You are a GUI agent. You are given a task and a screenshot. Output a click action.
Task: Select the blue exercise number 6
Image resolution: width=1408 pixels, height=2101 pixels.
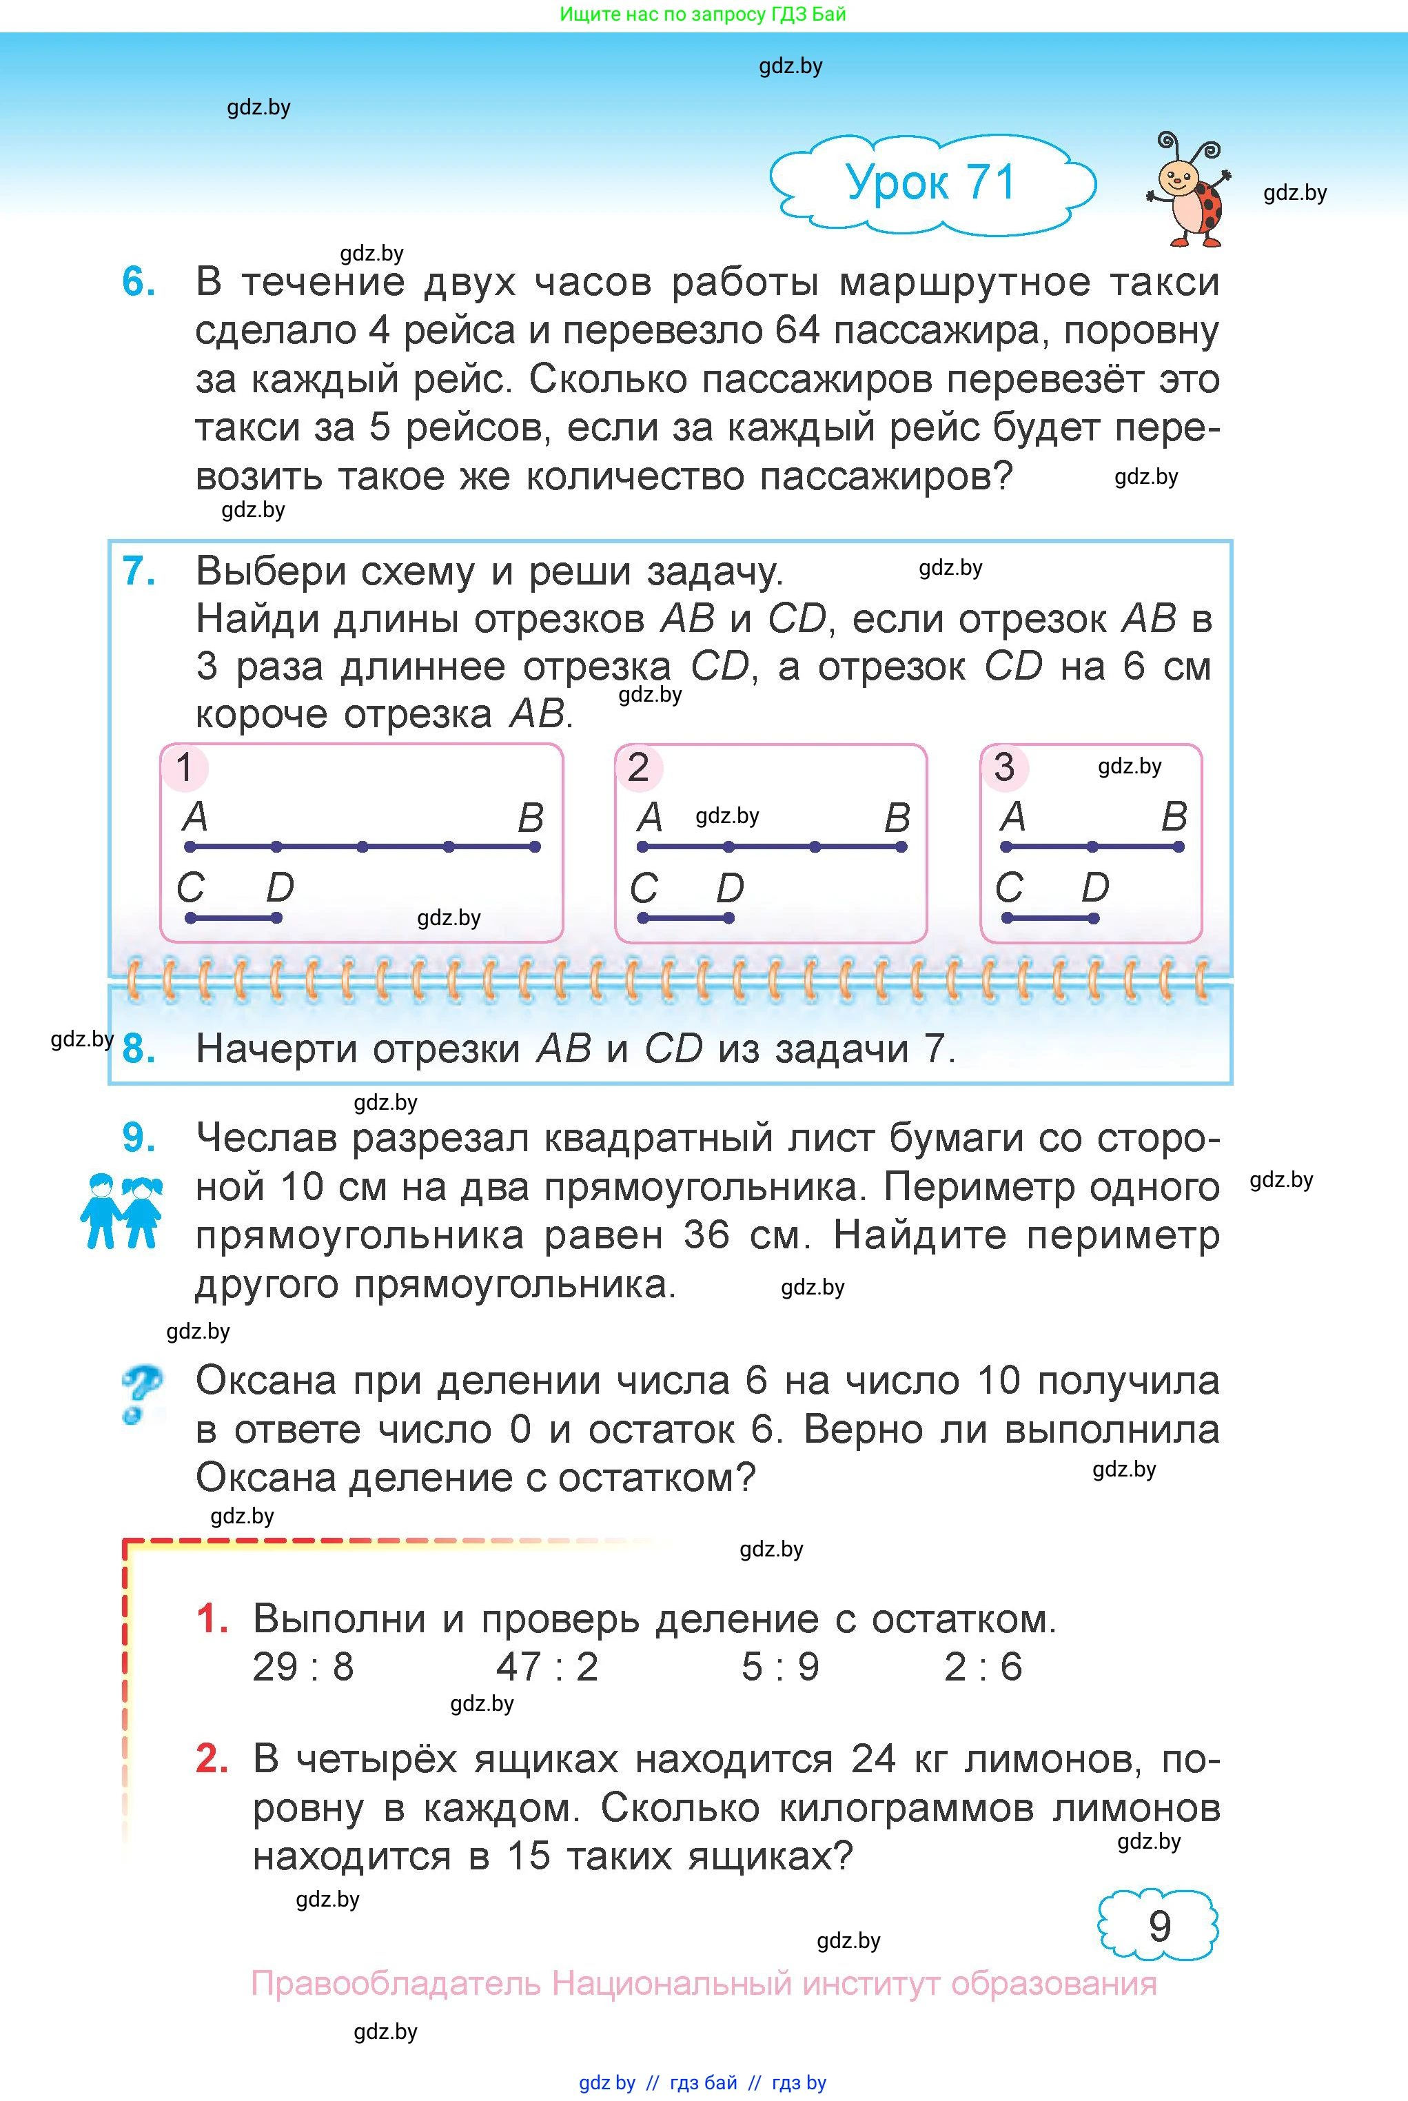(x=139, y=282)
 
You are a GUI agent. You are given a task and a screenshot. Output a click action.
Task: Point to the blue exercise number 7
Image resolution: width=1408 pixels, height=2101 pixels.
(x=139, y=571)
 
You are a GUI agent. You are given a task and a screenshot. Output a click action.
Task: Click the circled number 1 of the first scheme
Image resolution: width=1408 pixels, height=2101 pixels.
(x=185, y=768)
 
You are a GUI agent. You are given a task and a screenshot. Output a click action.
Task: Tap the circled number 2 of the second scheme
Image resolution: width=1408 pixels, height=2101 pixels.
(x=638, y=768)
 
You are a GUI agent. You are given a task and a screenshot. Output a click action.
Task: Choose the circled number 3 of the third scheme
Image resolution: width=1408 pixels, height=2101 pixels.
(x=1004, y=768)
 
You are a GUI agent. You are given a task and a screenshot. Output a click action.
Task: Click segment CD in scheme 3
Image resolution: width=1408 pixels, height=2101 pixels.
(x=1050, y=917)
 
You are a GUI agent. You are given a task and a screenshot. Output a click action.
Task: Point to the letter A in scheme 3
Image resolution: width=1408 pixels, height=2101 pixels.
(x=1013, y=817)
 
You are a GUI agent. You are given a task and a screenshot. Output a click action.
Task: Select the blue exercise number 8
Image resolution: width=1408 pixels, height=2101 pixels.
(x=139, y=1048)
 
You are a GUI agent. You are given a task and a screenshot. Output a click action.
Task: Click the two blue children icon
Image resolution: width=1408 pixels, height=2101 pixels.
(x=121, y=1210)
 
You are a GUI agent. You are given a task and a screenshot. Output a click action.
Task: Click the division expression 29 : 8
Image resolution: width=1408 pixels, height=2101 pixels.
(x=303, y=1667)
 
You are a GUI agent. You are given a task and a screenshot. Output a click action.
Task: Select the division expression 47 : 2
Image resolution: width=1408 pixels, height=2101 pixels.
(x=547, y=1667)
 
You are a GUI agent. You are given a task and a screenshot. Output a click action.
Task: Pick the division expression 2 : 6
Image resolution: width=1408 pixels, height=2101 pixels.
(x=983, y=1667)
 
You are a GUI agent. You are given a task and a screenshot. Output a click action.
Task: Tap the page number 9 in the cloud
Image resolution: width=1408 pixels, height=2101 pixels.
(x=1159, y=1925)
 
